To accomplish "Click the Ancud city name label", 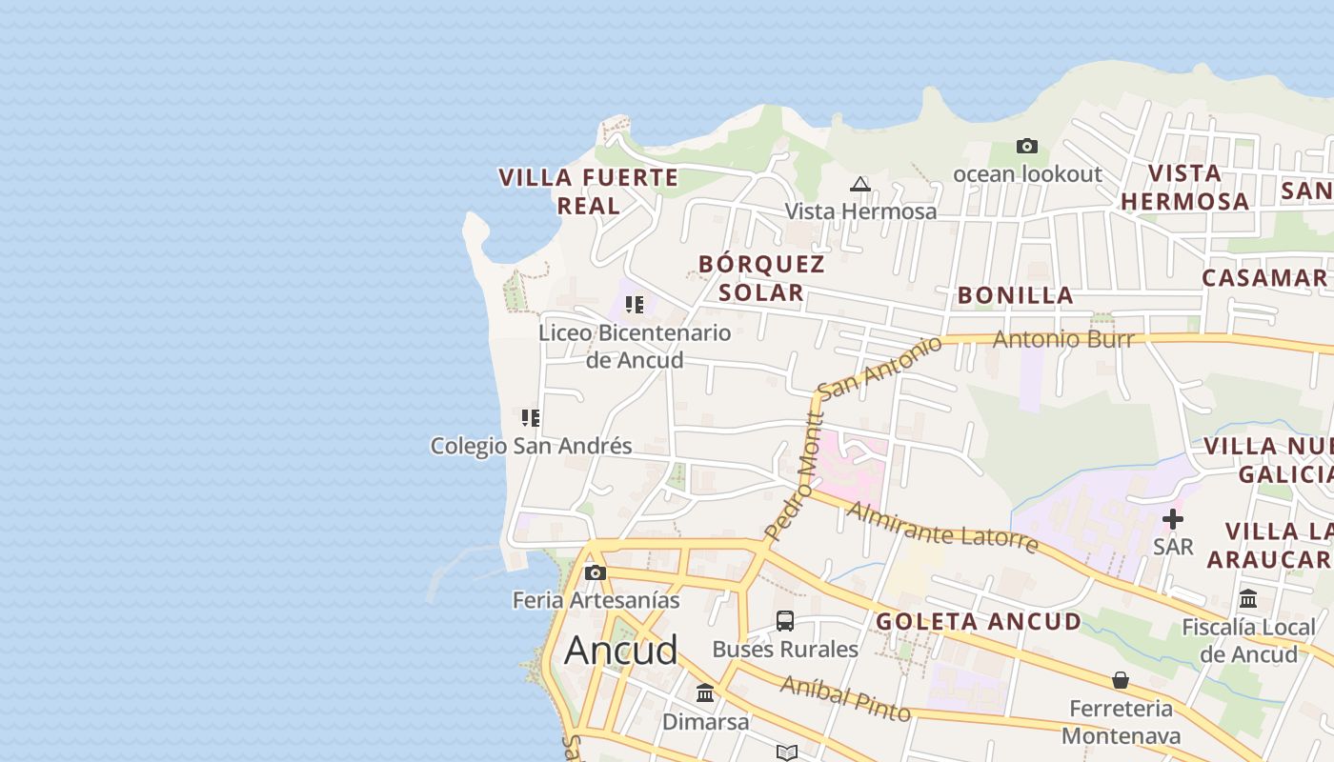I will (620, 650).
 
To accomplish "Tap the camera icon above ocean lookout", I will (1026, 146).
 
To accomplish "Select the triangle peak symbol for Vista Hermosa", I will (860, 184).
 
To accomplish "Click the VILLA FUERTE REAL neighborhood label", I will (589, 190).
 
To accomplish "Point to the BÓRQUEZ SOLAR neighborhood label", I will (761, 277).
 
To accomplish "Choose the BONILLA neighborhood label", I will (1016, 295).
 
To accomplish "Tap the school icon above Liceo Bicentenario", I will (635, 305).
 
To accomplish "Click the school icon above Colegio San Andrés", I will (531, 417).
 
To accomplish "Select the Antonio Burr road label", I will (1063, 339).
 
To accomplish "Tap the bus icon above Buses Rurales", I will (785, 621).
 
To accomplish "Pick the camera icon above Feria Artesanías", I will (596, 572).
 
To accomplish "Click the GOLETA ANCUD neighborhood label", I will (979, 622).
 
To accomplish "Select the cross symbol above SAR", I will (1173, 519).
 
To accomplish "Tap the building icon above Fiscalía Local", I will (1248, 599).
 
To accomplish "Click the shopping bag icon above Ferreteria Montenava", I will (1121, 680).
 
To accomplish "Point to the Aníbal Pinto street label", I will (845, 699).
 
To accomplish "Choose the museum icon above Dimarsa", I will (705, 692).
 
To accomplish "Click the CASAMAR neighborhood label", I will (1264, 278).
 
